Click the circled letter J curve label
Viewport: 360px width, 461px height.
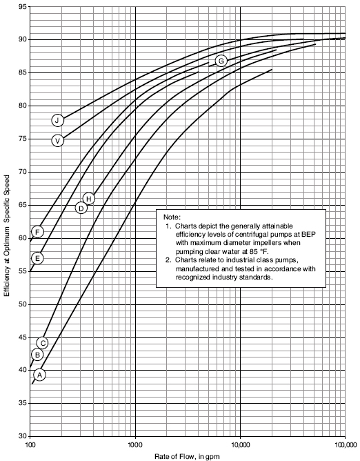coord(58,120)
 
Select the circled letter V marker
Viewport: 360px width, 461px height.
coord(58,141)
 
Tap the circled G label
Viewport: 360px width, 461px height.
coord(221,61)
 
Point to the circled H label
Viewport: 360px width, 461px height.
coord(89,199)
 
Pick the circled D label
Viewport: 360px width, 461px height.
coord(81,208)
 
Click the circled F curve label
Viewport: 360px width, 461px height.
coord(38,232)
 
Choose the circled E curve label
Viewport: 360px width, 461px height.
coord(38,258)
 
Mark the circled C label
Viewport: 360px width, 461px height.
coord(43,343)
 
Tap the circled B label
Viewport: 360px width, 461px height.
coord(37,355)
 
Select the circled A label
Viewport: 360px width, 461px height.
coord(40,375)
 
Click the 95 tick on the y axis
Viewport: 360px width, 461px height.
coord(23,6)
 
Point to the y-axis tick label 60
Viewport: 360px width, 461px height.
coord(23,238)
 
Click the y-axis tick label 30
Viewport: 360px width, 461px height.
coord(23,436)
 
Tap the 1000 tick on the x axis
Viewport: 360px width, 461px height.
coord(135,444)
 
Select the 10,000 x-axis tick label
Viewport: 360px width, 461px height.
coord(241,444)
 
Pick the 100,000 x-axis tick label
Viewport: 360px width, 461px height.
coord(344,444)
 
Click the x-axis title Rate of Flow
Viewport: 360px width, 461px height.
coord(187,456)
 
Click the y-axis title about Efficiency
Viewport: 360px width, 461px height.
coord(7,236)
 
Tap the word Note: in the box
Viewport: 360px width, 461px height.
coord(172,217)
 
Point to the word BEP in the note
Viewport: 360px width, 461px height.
coord(310,235)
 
